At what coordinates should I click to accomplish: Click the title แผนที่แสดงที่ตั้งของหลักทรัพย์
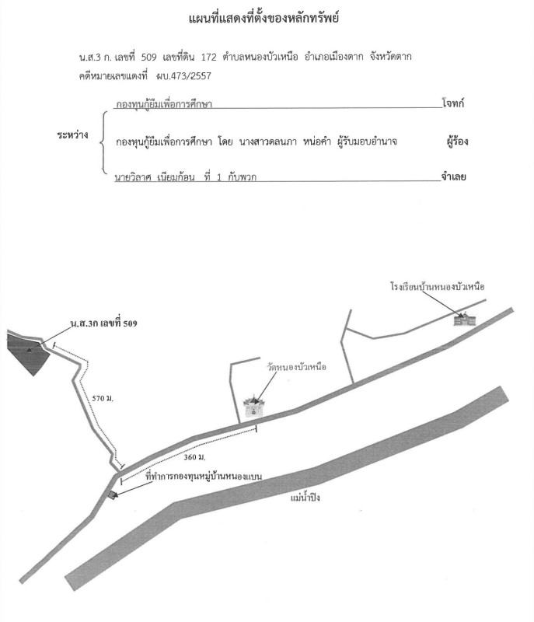click(x=264, y=18)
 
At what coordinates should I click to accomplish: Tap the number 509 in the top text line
click(x=148, y=57)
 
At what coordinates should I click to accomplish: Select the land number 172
click(x=208, y=57)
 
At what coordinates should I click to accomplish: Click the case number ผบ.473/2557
click(x=183, y=75)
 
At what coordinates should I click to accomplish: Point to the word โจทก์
click(x=452, y=103)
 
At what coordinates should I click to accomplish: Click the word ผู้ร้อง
click(x=457, y=142)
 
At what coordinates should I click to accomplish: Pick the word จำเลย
click(x=453, y=176)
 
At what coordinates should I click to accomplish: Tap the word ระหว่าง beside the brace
click(x=72, y=135)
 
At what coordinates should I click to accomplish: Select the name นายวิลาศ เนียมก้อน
click(x=155, y=177)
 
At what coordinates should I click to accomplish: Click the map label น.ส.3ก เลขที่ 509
click(x=104, y=323)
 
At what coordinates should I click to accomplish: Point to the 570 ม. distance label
click(x=103, y=398)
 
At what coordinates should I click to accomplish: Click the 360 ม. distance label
click(x=194, y=457)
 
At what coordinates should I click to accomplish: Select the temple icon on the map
click(x=253, y=406)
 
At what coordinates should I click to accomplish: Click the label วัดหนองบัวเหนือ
click(x=296, y=366)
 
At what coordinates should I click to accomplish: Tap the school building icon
click(x=464, y=319)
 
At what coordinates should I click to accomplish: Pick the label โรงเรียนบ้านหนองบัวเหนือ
click(x=438, y=286)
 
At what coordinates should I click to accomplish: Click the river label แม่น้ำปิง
click(x=305, y=498)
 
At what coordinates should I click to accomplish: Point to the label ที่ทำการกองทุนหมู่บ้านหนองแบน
click(x=204, y=476)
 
